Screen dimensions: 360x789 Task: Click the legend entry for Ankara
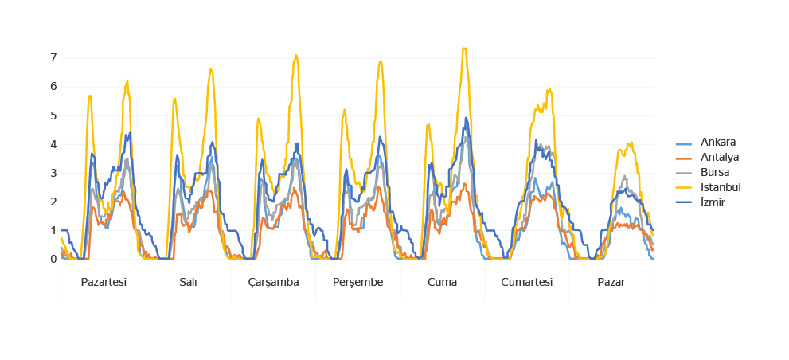(x=717, y=143)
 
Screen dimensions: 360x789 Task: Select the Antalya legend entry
(x=720, y=157)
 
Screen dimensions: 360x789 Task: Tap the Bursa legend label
(x=715, y=172)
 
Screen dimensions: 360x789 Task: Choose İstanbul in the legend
(x=721, y=187)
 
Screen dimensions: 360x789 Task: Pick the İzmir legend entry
(x=713, y=202)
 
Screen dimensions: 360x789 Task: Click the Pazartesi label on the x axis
(x=104, y=283)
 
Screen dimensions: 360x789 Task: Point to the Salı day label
(x=189, y=283)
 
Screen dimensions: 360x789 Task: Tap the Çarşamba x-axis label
(x=273, y=283)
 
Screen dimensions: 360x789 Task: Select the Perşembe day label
(x=357, y=283)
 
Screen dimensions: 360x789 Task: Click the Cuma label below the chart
(x=442, y=283)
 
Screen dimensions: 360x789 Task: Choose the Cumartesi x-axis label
(x=526, y=283)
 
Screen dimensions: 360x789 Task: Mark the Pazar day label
(x=611, y=283)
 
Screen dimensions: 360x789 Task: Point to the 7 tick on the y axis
(x=53, y=57)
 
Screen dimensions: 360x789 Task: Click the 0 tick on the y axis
(x=53, y=259)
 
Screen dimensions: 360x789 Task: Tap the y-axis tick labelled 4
(x=53, y=144)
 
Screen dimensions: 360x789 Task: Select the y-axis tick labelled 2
(x=53, y=202)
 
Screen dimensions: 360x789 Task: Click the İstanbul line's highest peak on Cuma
(x=464, y=49)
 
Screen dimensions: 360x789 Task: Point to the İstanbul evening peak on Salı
(x=211, y=69)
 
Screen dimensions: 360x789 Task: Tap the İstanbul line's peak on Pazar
(x=631, y=143)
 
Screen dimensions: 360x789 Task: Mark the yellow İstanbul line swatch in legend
(x=684, y=187)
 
